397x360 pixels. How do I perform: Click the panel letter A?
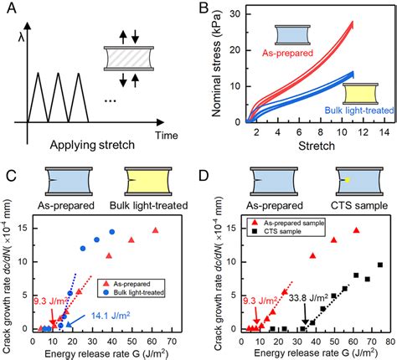click(x=11, y=11)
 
